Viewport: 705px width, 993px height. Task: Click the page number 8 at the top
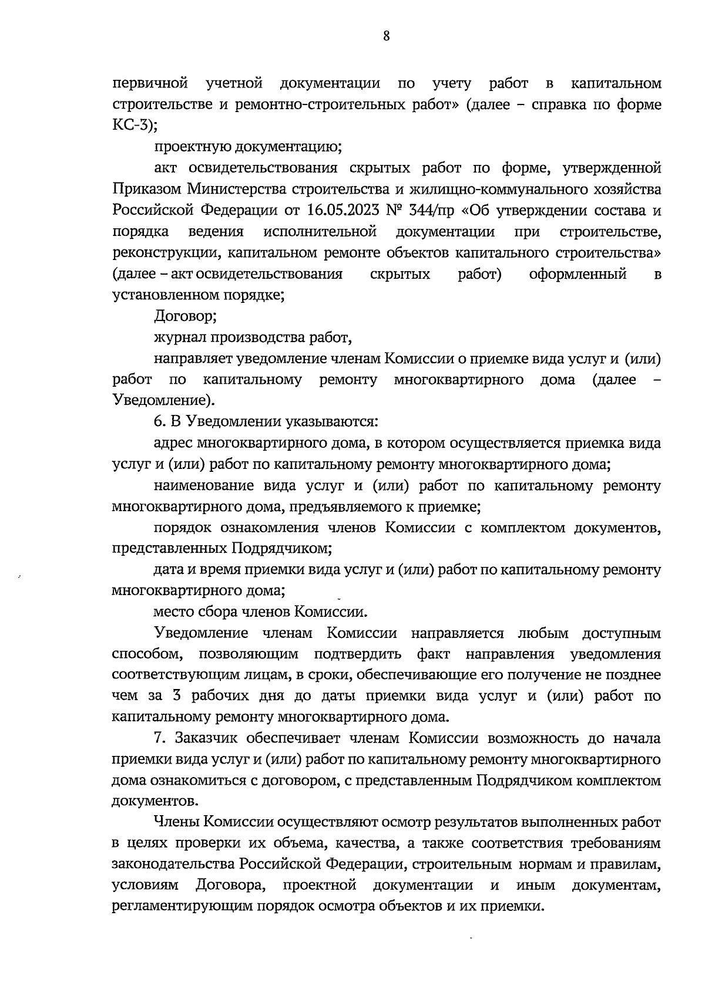click(x=386, y=36)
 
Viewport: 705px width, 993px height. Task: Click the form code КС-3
click(x=131, y=126)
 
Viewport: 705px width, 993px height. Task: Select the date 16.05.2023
click(x=341, y=210)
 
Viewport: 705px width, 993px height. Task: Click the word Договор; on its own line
click(x=186, y=316)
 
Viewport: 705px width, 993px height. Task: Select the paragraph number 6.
click(x=157, y=422)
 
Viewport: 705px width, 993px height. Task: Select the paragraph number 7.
click(x=157, y=738)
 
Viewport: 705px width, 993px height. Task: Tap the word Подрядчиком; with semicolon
click(x=278, y=549)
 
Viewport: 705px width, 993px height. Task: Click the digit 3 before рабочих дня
click(x=176, y=697)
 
